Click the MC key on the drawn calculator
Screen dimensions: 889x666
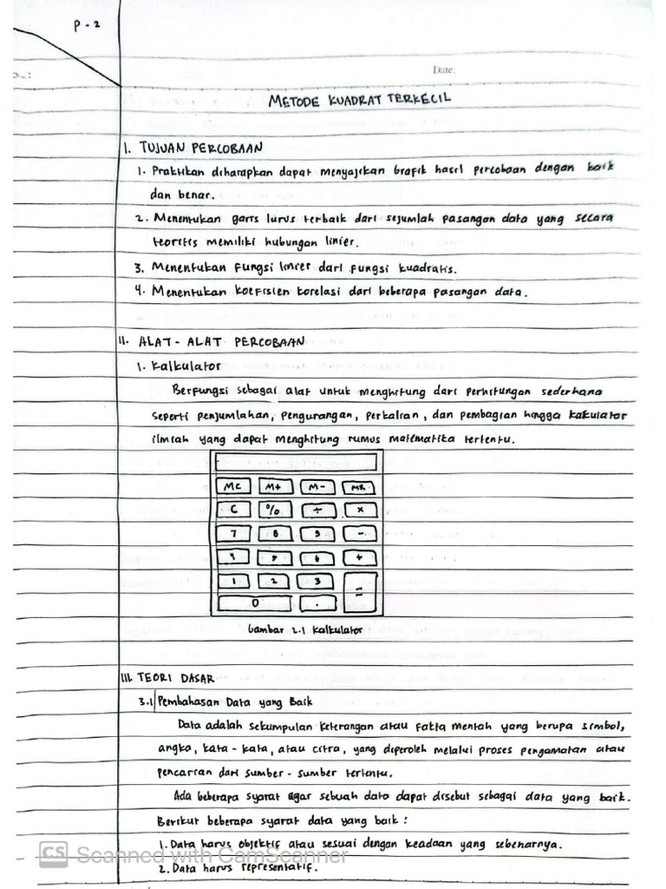232,487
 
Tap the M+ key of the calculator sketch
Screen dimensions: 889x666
274,487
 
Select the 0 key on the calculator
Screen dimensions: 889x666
254,601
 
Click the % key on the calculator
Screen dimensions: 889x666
273,510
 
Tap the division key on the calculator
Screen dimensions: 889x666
317,510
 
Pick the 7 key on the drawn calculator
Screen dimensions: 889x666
233,533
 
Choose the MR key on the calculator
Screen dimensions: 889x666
358,488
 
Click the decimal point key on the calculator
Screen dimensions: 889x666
317,601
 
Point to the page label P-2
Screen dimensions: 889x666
87,25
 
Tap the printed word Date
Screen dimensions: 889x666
443,69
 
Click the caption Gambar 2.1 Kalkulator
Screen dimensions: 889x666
305,629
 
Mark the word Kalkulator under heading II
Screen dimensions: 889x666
186,365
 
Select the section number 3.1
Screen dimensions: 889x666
145,701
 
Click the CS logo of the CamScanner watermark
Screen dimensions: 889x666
54,855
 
